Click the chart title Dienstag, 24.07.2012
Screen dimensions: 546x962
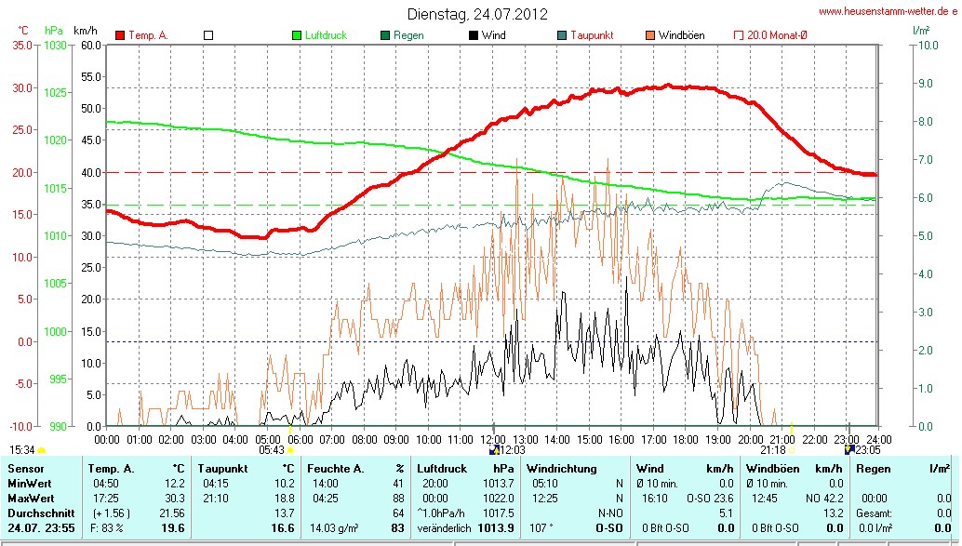[477, 14]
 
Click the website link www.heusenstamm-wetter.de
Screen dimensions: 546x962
[888, 11]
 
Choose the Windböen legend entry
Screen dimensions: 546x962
[681, 35]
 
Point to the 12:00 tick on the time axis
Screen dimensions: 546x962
[492, 438]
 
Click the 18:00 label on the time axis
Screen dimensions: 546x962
[686, 438]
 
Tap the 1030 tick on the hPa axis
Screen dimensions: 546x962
[56, 45]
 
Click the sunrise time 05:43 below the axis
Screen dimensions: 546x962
[272, 449]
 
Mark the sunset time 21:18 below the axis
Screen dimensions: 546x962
[772, 449]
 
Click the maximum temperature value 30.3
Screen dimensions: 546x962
[174, 499]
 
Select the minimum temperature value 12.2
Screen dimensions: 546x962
[174, 484]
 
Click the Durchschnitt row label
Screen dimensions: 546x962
[36, 513]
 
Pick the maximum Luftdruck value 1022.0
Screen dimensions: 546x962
[498, 499]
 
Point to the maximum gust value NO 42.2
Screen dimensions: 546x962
[818, 499]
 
